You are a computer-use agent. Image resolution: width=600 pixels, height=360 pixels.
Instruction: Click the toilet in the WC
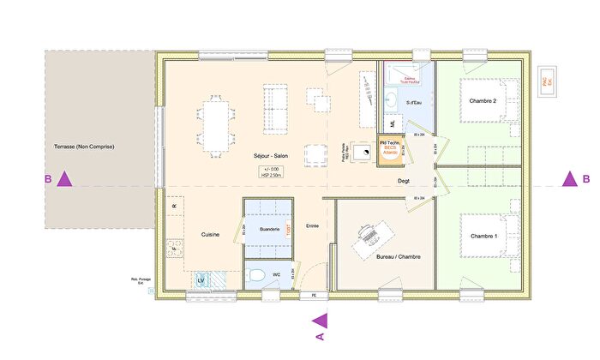click(255, 275)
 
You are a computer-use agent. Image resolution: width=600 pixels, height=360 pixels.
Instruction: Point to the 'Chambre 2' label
click(483, 101)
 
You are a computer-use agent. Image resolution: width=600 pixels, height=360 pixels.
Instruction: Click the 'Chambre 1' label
click(483, 235)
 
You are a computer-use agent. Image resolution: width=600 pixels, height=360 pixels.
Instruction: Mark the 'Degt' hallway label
click(404, 182)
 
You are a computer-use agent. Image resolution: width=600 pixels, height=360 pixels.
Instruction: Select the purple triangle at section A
click(320, 321)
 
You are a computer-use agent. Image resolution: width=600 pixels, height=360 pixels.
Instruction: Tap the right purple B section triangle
click(567, 179)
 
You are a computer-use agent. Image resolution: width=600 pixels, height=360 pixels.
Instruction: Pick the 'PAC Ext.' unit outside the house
click(544, 80)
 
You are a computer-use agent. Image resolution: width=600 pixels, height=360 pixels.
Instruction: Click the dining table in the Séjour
click(215, 125)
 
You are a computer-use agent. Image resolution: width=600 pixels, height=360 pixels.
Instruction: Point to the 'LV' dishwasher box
click(202, 280)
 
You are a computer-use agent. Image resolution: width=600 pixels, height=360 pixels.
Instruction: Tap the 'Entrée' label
click(312, 225)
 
